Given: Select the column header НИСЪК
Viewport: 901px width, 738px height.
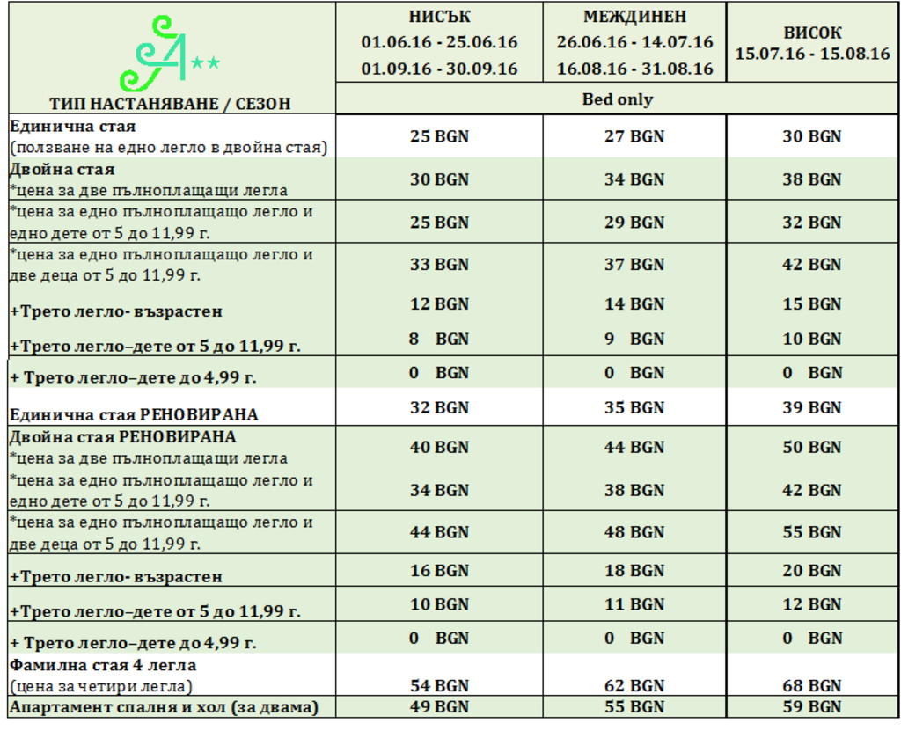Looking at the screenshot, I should click(439, 16).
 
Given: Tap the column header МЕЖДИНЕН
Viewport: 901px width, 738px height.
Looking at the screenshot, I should click(634, 16).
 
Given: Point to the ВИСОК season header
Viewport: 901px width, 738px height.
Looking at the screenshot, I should click(812, 33).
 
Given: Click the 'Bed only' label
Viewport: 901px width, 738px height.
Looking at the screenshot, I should click(618, 99).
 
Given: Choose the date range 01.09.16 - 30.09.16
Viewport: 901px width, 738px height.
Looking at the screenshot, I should click(439, 69).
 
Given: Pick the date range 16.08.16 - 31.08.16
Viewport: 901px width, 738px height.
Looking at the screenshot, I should click(634, 69).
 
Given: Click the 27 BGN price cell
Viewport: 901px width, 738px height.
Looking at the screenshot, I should click(634, 136).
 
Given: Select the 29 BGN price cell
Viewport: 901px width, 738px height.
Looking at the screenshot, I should click(634, 223).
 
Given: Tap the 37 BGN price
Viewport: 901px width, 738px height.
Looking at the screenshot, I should click(634, 265).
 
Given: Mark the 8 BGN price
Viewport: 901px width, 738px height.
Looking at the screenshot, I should click(439, 339).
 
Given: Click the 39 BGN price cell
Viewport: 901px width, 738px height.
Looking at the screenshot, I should click(812, 408).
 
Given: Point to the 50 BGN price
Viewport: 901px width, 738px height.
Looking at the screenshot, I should click(812, 448).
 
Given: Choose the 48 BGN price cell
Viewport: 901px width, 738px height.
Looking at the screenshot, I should click(634, 532).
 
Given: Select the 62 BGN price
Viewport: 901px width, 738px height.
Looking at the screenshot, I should click(634, 686).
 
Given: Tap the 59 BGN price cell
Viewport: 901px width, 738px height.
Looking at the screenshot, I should click(812, 706).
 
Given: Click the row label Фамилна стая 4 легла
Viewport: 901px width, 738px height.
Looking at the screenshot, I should click(103, 665).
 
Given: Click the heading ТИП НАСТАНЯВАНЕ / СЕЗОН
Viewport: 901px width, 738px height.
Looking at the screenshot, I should click(170, 104).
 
